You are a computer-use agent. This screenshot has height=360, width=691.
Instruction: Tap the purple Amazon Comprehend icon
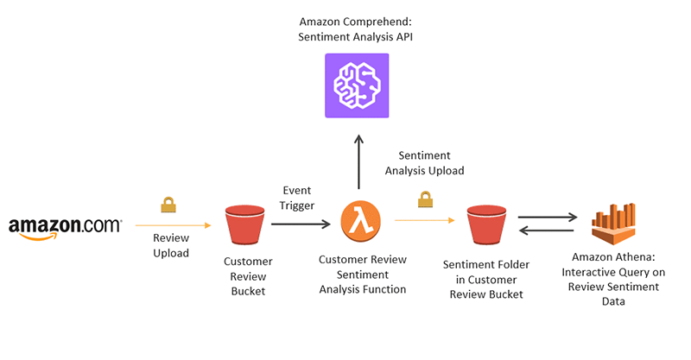[x=357, y=85]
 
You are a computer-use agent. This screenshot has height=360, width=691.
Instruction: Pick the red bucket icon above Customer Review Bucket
[x=244, y=225]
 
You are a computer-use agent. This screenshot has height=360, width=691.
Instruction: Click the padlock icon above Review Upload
[x=168, y=205]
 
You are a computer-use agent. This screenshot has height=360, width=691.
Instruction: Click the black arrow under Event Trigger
[x=301, y=224]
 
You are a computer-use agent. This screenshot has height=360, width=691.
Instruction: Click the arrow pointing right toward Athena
[x=548, y=216]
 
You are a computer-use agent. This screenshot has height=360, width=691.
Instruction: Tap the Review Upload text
[x=170, y=244]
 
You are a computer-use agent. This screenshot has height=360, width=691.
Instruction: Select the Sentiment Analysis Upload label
[x=424, y=163]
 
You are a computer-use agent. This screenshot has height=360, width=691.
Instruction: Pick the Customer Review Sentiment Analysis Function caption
[x=362, y=274]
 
